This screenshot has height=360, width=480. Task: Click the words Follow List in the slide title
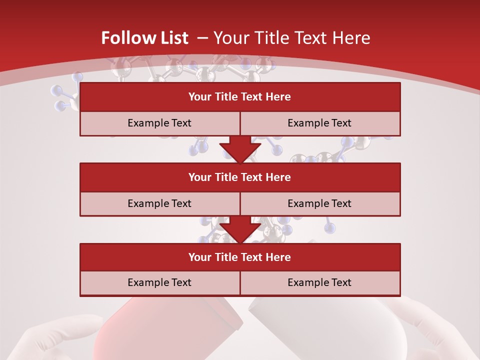(144, 38)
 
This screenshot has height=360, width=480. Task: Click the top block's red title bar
(240, 97)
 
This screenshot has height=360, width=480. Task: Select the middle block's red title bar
(240, 177)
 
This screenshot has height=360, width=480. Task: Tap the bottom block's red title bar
(240, 257)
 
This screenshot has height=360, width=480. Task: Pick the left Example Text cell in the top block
(159, 123)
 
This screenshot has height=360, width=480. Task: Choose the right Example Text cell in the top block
(319, 123)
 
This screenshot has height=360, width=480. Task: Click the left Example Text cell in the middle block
(159, 203)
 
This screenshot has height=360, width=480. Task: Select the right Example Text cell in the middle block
(319, 203)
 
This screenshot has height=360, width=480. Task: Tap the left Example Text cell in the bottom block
(159, 282)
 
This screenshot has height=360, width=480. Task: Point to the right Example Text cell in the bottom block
(319, 282)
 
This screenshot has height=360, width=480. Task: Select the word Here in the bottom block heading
(278, 257)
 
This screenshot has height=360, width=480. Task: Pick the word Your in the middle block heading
(199, 177)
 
